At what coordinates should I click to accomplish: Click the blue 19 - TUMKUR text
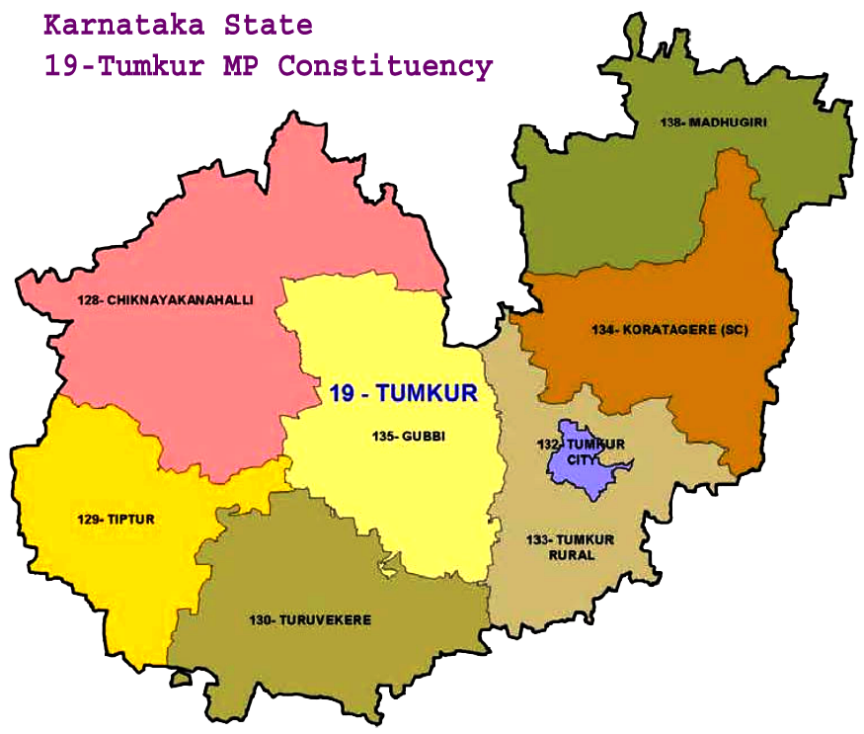click(x=402, y=393)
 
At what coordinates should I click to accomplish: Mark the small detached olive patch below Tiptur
click(x=179, y=679)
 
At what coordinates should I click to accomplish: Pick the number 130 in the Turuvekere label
click(x=261, y=620)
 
